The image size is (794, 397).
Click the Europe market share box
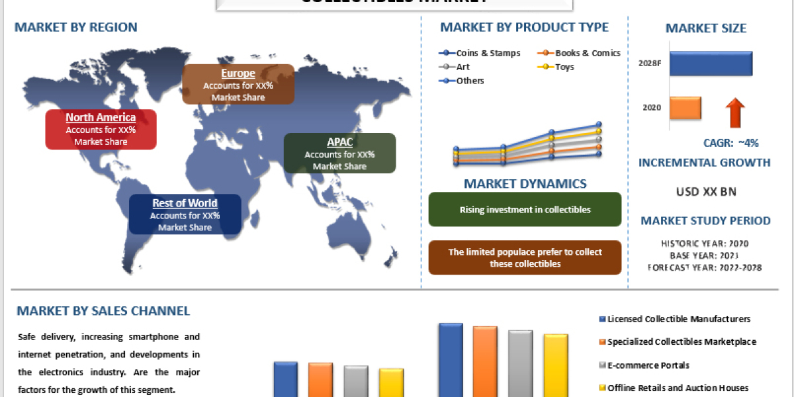point(238,84)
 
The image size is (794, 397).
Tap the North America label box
point(101,129)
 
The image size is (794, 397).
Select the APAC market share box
point(339,154)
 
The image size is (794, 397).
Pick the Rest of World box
point(185,214)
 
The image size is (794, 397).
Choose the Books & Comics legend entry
point(579,53)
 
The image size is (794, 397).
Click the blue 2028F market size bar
point(711,64)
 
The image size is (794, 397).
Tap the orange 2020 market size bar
point(685,108)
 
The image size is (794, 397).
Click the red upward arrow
point(735,112)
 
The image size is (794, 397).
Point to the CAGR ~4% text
point(730,143)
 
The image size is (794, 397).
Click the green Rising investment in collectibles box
point(525,210)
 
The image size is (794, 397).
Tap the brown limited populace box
point(525,258)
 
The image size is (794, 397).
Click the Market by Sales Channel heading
point(103,311)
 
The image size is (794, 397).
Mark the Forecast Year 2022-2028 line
point(705,268)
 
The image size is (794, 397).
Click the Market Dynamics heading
point(525,184)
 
